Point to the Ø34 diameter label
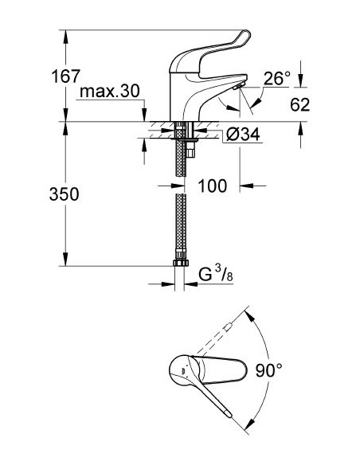pos(244,135)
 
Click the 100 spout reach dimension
pos(212,186)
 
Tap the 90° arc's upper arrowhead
pos(252,315)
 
